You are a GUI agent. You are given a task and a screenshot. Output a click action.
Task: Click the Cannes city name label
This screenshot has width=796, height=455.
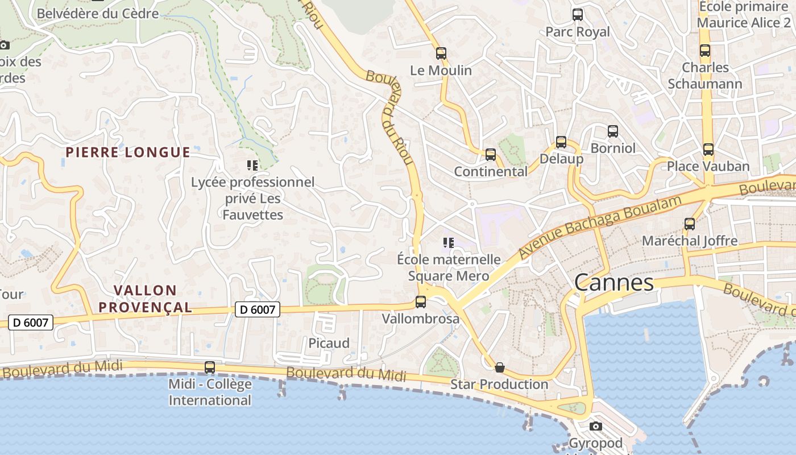pos(613,283)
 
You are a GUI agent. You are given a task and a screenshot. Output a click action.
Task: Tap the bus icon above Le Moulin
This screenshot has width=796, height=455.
pos(441,53)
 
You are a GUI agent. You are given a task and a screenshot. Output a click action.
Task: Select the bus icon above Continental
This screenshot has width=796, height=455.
pos(491,154)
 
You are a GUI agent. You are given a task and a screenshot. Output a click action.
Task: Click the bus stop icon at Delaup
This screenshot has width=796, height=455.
pos(561,142)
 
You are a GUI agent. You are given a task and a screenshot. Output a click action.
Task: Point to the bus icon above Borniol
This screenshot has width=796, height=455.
pos(613,131)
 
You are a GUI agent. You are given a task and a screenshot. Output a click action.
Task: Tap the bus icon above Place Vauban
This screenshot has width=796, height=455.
pos(708,150)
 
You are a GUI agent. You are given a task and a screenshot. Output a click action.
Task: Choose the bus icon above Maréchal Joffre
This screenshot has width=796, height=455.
pos(690,224)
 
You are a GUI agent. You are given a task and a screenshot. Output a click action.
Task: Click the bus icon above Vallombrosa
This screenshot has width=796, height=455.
pos(421,302)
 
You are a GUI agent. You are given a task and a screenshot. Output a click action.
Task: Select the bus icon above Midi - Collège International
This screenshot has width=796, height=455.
pos(210,367)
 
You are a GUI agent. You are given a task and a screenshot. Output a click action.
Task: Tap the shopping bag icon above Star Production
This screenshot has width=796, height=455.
pos(500,367)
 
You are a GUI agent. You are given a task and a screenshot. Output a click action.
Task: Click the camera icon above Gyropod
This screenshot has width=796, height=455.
pos(595,427)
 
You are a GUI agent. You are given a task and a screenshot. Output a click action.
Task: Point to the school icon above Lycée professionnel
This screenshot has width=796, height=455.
pos(252,166)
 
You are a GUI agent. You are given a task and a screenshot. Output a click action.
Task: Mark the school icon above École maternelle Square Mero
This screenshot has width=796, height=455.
pos(448,243)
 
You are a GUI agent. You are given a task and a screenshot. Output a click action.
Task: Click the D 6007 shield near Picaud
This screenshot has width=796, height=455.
pos(258,309)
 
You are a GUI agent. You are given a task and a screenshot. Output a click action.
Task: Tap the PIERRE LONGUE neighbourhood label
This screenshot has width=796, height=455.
pos(128,152)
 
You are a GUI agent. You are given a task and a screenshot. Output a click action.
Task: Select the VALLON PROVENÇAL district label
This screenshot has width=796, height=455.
pos(145,299)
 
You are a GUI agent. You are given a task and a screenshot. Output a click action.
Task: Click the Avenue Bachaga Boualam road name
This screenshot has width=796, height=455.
pos(600,226)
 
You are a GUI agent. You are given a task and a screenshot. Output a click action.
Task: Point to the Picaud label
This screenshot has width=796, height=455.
pos(329,343)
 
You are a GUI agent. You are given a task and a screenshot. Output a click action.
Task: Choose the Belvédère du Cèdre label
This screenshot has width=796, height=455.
pos(98,14)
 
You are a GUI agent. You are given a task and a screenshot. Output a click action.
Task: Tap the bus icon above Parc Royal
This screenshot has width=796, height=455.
pos(578,15)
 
